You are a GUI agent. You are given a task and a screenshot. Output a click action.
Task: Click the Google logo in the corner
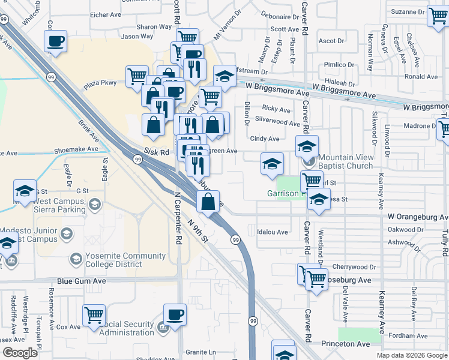[19, 353]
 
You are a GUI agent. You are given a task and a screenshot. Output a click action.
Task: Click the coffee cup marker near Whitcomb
[55, 41]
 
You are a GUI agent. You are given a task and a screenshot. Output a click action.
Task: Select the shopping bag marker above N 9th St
[208, 202]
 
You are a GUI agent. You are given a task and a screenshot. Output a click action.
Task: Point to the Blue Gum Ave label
[82, 281]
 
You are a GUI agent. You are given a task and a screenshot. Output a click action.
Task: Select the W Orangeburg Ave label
[415, 215]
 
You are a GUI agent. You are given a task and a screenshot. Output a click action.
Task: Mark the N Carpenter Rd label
[178, 218]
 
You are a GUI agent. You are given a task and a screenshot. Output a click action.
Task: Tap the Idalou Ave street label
[273, 232]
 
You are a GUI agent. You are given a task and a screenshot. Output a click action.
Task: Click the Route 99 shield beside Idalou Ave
[235, 240]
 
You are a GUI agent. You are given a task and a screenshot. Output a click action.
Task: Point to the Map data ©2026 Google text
[411, 355]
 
